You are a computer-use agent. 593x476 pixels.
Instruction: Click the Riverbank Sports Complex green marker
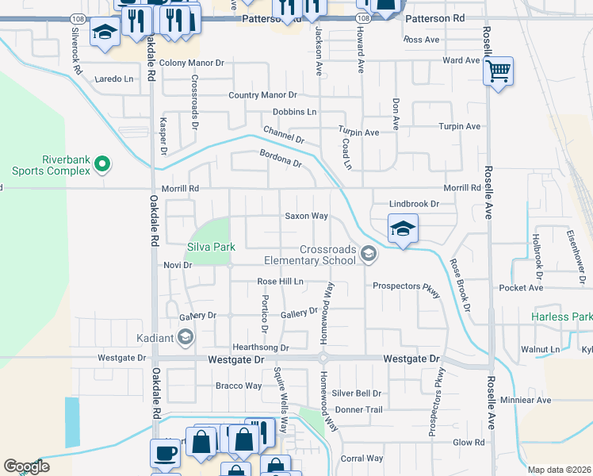point(101,164)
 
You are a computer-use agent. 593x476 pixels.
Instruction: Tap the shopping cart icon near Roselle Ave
point(498,71)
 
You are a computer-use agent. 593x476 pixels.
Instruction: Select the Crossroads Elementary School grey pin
point(367,254)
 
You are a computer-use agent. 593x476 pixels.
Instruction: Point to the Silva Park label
point(211,247)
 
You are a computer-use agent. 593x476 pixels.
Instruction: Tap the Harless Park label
point(561,317)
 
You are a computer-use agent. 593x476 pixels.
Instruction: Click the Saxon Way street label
point(307,216)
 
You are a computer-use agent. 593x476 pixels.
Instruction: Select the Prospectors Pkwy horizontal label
point(406,286)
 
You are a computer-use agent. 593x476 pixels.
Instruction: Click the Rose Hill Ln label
point(281,282)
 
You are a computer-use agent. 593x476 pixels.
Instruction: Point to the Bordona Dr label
point(281,158)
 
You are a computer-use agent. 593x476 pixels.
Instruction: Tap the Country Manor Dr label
point(262,95)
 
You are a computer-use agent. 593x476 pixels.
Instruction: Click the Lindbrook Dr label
point(414,204)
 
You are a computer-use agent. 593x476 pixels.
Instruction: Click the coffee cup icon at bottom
point(165,452)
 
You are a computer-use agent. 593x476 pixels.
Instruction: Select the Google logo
point(26,466)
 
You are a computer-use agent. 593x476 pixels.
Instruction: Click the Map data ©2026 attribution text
point(560,470)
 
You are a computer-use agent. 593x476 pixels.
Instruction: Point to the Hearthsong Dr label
point(260,347)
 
